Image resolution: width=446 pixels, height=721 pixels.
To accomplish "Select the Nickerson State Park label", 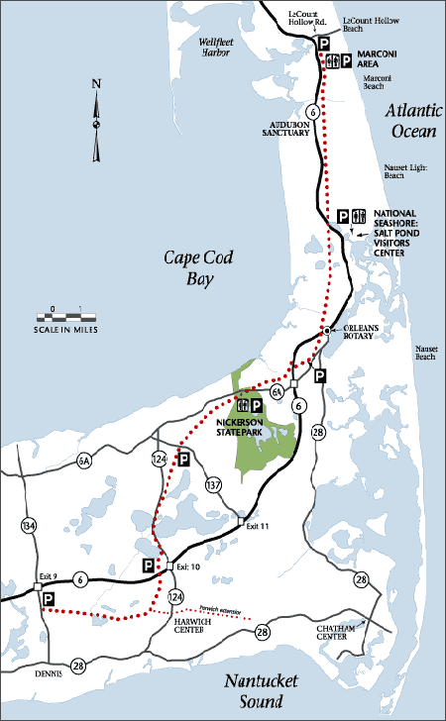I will (245, 427).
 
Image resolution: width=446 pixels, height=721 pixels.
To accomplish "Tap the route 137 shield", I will (213, 484).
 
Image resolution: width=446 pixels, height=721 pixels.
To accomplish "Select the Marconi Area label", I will (377, 60).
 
